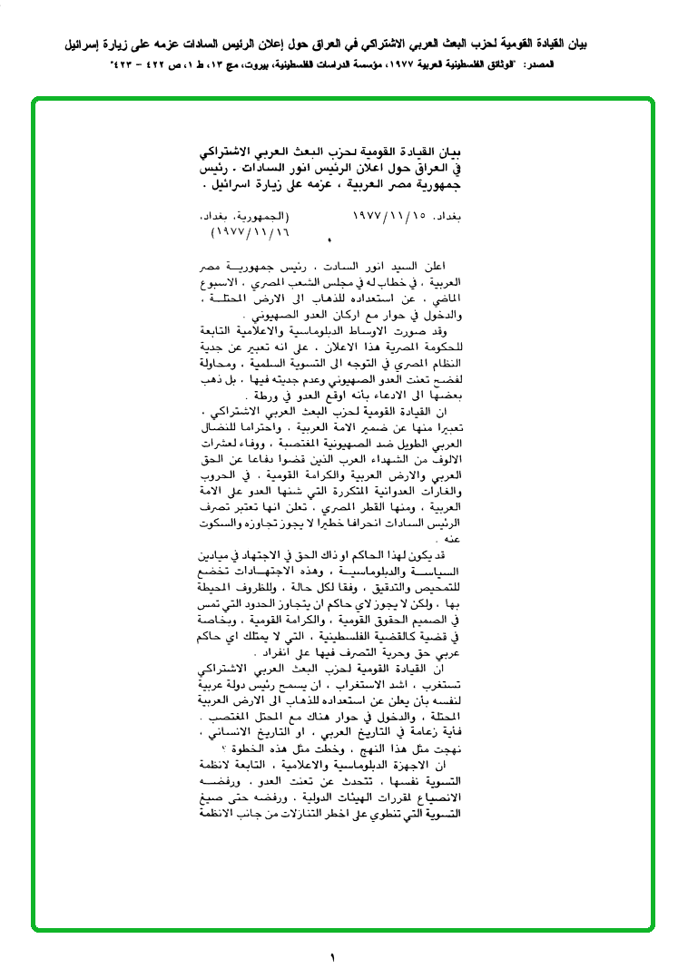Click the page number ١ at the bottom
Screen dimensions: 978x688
tap(332, 957)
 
